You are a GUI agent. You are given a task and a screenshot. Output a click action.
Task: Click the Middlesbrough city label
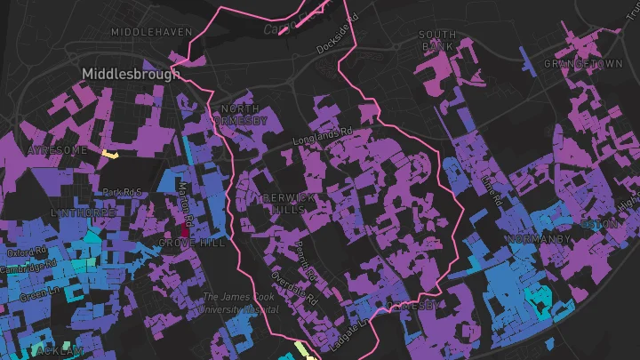click(130, 74)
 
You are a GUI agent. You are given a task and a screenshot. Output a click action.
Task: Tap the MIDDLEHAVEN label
click(151, 32)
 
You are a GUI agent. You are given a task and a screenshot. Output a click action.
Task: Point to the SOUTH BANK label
click(437, 39)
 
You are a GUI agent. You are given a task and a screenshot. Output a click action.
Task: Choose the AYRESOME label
click(57, 150)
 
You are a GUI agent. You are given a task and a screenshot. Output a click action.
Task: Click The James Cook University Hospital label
click(240, 303)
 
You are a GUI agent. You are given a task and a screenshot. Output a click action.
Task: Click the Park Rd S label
click(123, 192)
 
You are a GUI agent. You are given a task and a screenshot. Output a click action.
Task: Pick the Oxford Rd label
click(28, 255)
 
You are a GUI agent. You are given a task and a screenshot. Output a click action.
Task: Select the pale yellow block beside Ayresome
click(111, 155)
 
